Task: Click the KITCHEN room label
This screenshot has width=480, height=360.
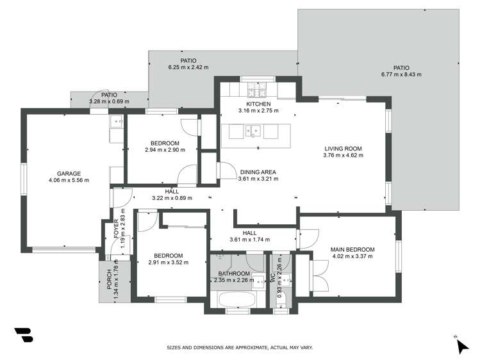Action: [x=258, y=104]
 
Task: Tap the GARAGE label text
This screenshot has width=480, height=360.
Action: [x=69, y=174]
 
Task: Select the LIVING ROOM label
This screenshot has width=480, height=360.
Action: [x=343, y=149]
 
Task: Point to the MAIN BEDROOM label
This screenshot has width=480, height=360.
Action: [x=352, y=250]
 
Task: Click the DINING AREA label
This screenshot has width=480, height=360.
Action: [x=258, y=172]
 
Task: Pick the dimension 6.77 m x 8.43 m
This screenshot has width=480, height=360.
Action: [x=401, y=74]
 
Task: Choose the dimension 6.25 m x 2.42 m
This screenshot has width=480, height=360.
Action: [x=188, y=67]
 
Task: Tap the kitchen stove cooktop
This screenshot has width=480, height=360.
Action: [x=257, y=89]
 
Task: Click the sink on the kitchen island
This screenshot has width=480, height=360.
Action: [x=253, y=131]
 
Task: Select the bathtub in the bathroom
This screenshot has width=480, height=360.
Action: [x=237, y=300]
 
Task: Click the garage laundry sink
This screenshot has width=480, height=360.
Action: [x=117, y=122]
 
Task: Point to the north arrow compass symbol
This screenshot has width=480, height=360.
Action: [x=462, y=346]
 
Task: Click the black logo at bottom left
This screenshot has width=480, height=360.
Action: [x=24, y=335]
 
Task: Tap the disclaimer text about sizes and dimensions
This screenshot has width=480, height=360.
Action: [x=240, y=348]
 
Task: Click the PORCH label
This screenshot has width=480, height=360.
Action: [x=110, y=279]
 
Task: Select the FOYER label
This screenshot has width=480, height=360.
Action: [x=117, y=229]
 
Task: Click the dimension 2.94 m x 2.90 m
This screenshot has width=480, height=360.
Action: [x=165, y=150]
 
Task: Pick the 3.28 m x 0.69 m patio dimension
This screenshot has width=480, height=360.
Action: [x=110, y=102]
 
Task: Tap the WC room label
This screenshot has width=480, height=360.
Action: [x=273, y=277]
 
